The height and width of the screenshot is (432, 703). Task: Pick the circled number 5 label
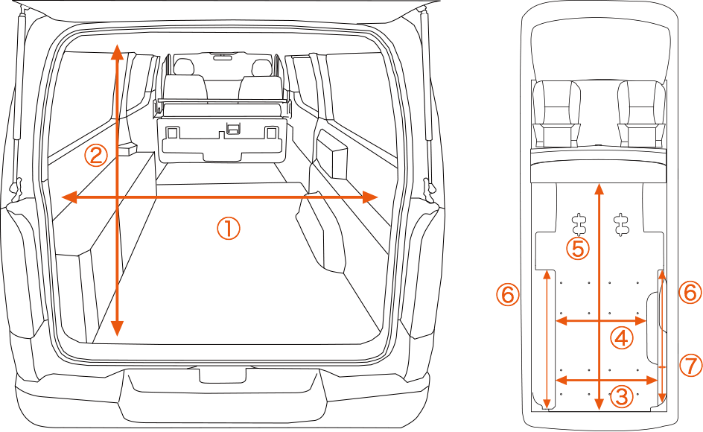578,248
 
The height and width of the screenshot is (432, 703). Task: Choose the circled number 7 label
690,365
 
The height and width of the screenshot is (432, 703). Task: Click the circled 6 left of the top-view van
507,295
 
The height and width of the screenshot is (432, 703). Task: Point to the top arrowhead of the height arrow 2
117,51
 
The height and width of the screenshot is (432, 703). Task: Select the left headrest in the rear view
184,67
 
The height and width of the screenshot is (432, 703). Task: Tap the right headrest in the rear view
261,68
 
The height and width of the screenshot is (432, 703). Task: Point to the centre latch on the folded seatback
233,130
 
